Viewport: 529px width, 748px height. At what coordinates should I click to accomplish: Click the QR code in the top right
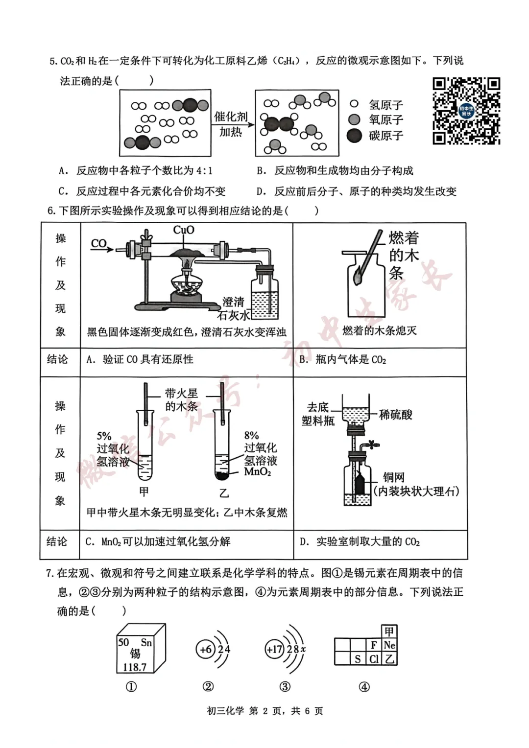pyautogui.click(x=466, y=111)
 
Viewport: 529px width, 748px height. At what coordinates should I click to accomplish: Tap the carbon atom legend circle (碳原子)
pyautogui.click(x=354, y=136)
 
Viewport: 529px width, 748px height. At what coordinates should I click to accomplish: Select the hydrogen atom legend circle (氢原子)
pyautogui.click(x=354, y=104)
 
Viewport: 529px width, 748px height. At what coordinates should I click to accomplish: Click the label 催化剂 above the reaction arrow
pyautogui.click(x=231, y=117)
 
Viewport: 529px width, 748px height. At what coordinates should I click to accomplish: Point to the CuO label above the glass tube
pyautogui.click(x=184, y=230)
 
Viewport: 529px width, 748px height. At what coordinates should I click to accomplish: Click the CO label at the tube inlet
pyautogui.click(x=99, y=243)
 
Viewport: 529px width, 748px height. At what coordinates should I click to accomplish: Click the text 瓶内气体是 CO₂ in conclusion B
pyautogui.click(x=351, y=360)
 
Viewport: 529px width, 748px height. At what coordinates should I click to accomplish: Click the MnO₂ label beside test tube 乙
pyautogui.click(x=257, y=472)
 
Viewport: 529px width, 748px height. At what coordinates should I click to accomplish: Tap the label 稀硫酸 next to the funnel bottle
pyautogui.click(x=396, y=415)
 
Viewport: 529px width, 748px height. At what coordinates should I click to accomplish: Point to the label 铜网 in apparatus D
pyautogui.click(x=393, y=477)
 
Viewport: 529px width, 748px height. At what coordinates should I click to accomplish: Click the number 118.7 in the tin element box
pyautogui.click(x=134, y=667)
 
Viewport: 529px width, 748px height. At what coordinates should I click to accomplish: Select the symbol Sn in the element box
pyautogui.click(x=146, y=642)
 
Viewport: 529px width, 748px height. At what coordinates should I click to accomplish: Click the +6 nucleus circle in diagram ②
pyautogui.click(x=206, y=649)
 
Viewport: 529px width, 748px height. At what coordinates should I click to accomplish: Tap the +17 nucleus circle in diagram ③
pyautogui.click(x=274, y=649)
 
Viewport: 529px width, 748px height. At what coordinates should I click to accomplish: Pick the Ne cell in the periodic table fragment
pyautogui.click(x=389, y=645)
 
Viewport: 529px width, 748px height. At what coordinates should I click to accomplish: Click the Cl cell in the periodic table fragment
pyautogui.click(x=374, y=659)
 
